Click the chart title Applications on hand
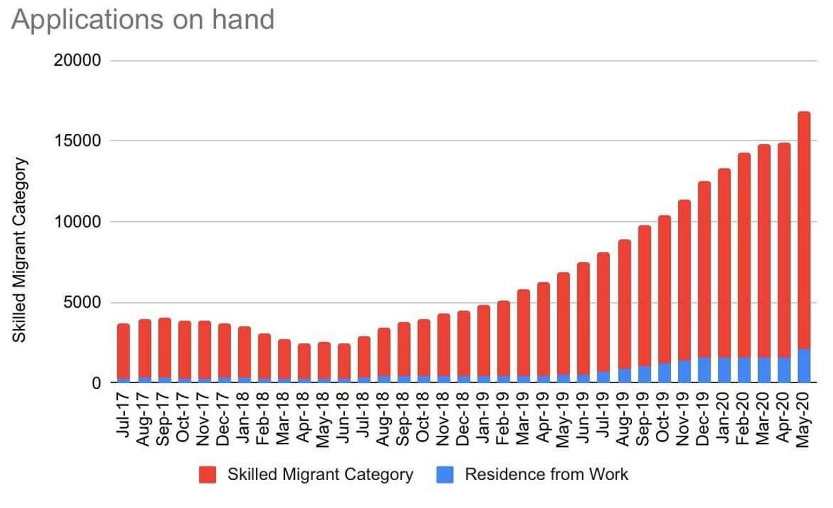pos(143,20)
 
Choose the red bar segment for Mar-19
pos(524,332)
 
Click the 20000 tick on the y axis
pos(77,60)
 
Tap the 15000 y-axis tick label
pos(77,141)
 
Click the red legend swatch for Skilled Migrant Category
pos(208,475)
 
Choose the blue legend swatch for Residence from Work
pos(444,475)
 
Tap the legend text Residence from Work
pos(546,474)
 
